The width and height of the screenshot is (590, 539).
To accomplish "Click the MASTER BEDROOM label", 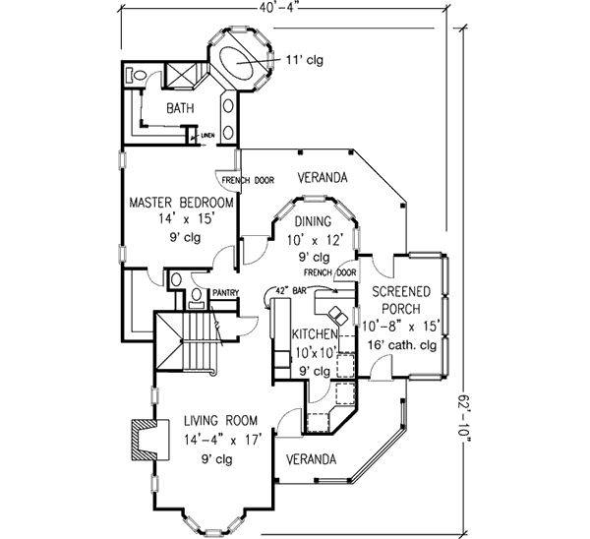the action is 181,203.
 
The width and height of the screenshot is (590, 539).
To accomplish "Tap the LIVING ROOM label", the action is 221,420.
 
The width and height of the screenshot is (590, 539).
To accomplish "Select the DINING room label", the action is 313,221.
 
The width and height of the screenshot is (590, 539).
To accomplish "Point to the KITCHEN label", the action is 315,333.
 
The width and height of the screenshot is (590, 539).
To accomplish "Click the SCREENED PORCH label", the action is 401,300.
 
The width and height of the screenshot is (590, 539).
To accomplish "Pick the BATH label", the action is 180,108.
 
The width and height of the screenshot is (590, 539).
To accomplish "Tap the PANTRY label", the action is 226,292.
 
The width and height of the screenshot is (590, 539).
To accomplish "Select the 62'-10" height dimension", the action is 465,419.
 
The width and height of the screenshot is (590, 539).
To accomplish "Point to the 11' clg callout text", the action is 305,59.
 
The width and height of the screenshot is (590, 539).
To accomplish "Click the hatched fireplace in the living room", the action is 149,440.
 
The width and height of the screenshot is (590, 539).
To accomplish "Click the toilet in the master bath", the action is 136,75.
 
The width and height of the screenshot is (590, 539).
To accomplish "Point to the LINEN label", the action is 207,135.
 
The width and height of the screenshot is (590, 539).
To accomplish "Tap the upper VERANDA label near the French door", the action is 323,177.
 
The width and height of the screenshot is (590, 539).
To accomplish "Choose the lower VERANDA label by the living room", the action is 311,459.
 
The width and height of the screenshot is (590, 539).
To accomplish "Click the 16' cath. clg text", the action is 402,345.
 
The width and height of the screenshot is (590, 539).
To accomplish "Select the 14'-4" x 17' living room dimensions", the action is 223,440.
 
